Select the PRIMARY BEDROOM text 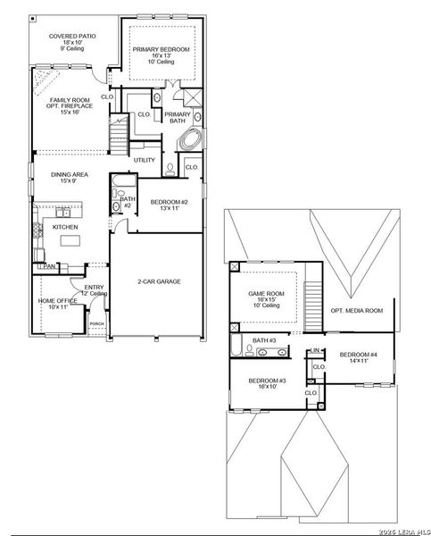point(162,50)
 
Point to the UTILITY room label point(145,161)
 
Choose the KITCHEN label point(65,228)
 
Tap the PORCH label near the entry point(96,324)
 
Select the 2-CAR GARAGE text point(159,281)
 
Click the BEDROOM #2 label point(169,202)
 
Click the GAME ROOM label point(265,294)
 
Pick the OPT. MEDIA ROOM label point(356,311)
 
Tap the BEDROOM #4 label point(358,356)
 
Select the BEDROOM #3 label point(268,382)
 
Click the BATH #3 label point(265,340)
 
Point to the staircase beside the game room point(312,296)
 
